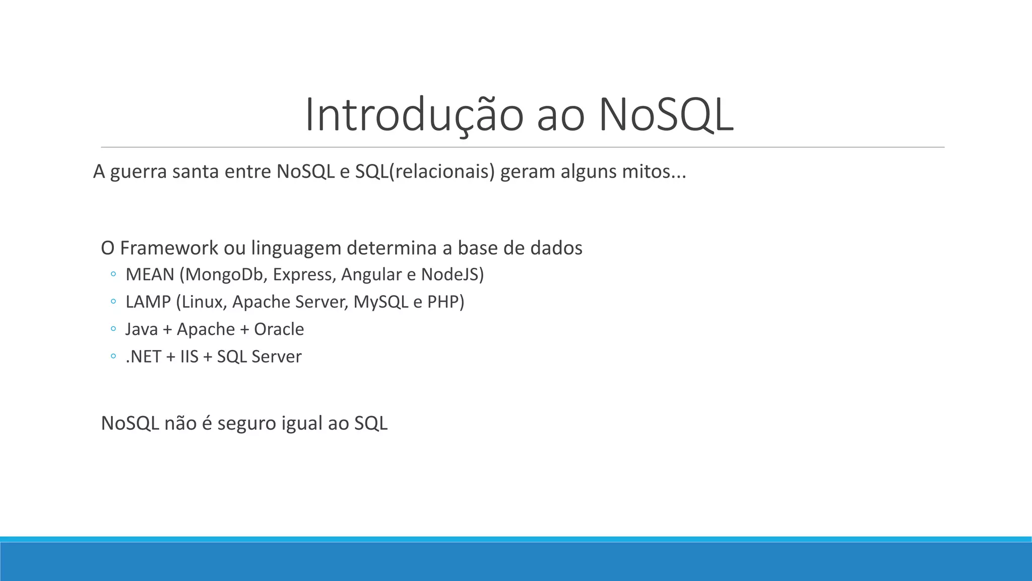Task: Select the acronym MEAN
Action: click(x=150, y=274)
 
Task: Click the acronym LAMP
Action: click(x=148, y=302)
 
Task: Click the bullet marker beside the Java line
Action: click(x=113, y=329)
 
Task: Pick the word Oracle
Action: click(x=279, y=329)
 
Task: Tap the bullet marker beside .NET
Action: click(x=113, y=357)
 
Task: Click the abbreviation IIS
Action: click(x=189, y=357)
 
